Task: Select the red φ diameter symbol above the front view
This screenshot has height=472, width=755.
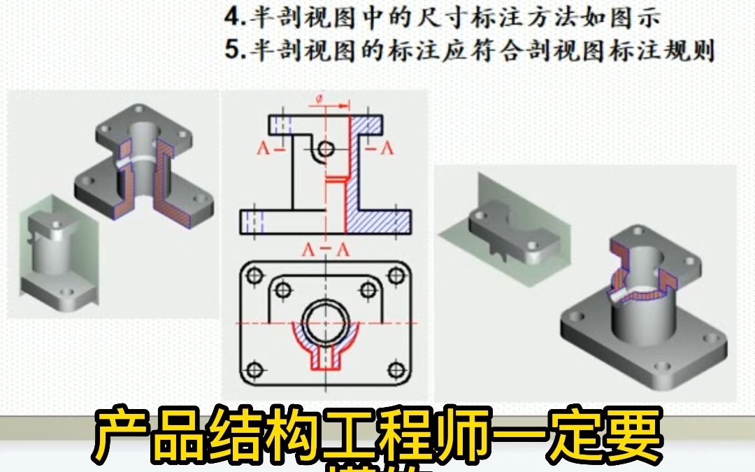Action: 319,100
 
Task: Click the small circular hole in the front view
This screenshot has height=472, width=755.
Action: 325,148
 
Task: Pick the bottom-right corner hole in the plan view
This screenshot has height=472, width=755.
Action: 396,369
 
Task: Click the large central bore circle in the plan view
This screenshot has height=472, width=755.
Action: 325,322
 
